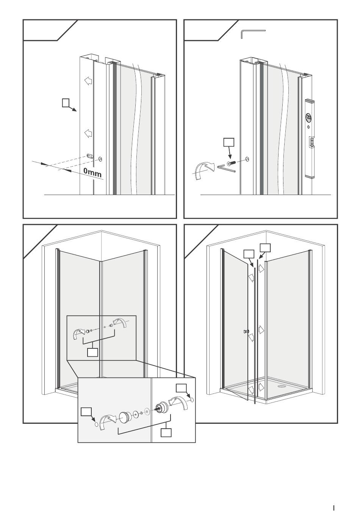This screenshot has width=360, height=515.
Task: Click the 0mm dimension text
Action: pyautogui.click(x=92, y=172)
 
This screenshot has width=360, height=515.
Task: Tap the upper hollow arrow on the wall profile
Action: pyautogui.click(x=88, y=81)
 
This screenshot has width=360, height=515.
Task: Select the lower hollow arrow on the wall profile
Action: pyautogui.click(x=88, y=133)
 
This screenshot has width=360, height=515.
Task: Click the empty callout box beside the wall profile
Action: pyautogui.click(x=66, y=102)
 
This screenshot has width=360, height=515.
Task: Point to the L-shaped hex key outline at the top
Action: pyautogui.click(x=253, y=33)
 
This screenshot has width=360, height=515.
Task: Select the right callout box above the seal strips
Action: pyautogui.click(x=265, y=248)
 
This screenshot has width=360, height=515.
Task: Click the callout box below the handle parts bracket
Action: pyautogui.click(x=92, y=352)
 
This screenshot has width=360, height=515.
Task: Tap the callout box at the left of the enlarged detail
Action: pyautogui.click(x=86, y=412)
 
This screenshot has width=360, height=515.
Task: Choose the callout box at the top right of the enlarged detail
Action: pyautogui.click(x=181, y=388)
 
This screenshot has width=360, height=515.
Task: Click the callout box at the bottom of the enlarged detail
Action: pyautogui.click(x=166, y=432)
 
